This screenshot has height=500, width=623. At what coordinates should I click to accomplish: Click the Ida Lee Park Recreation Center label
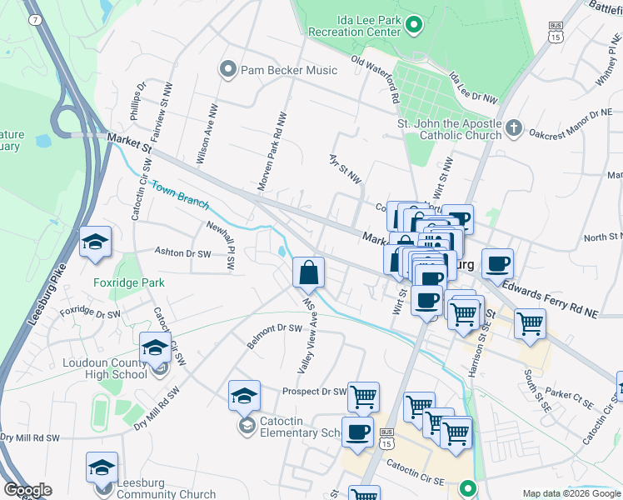(x=355, y=25)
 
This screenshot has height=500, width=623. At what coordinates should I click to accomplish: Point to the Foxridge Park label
(x=129, y=282)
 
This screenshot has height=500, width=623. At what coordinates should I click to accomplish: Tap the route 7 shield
(x=33, y=19)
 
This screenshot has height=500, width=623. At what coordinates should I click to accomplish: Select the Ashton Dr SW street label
(x=183, y=251)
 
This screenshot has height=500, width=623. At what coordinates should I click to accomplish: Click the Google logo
(x=27, y=490)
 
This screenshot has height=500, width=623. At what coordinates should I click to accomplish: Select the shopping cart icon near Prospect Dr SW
(x=363, y=397)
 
